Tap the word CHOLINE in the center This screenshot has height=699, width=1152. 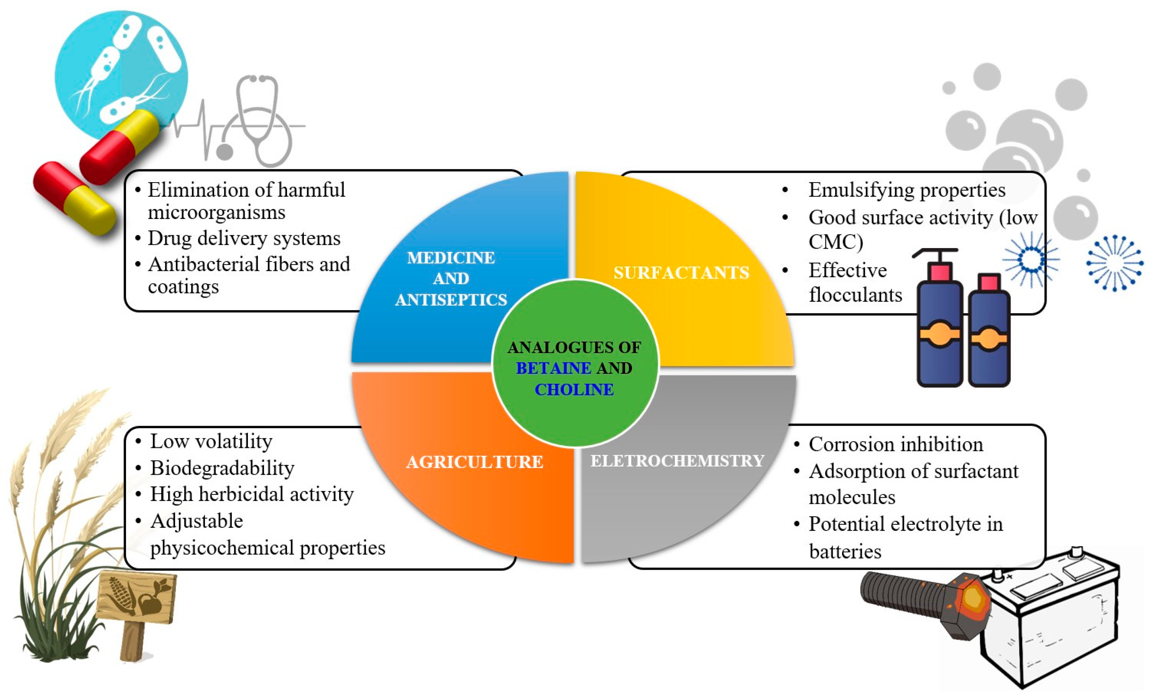[574, 389]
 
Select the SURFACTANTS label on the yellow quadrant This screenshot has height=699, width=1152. [681, 272]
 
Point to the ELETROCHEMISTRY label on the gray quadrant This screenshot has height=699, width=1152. [677, 461]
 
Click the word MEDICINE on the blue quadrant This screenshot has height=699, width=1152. [451, 257]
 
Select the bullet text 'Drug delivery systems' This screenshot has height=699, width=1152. [244, 238]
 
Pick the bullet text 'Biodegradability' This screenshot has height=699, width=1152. [222, 468]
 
